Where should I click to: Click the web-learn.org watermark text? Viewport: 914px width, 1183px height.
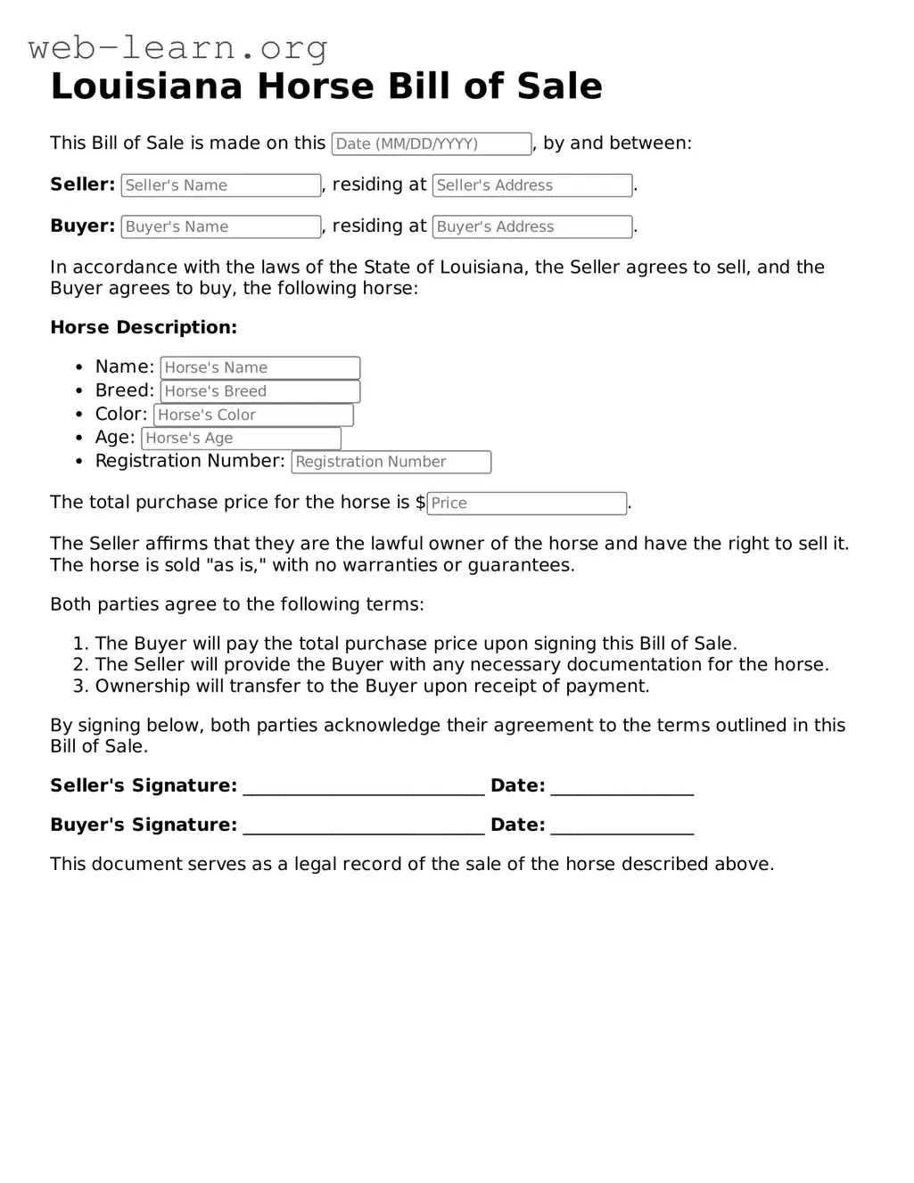pos(178,46)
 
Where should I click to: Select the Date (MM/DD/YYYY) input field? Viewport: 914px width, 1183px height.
pos(432,144)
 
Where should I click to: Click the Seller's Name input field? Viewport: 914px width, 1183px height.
pos(220,185)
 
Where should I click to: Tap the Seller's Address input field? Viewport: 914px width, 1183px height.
pos(531,185)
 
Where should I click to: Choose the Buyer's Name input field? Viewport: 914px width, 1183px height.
pos(220,227)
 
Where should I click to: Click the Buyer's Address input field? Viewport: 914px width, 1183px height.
pos(531,227)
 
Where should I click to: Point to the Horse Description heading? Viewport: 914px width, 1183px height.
pos(144,327)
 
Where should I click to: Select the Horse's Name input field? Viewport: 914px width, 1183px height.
pos(259,367)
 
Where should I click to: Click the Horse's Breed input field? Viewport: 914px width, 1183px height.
pos(259,391)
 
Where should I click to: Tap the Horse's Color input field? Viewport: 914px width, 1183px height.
pos(253,415)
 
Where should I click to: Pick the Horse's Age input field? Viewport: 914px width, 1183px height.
pos(241,438)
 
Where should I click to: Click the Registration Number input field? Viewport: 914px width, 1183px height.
pos(391,462)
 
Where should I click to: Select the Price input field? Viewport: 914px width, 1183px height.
pos(526,503)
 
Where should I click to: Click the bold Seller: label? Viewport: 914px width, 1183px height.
pos(82,185)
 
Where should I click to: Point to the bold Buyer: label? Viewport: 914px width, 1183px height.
pos(82,226)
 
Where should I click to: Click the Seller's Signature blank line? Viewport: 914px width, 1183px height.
pos(364,786)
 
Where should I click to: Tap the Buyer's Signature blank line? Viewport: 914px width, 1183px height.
pos(364,826)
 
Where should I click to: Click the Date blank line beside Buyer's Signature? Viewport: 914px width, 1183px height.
pos(622,826)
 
